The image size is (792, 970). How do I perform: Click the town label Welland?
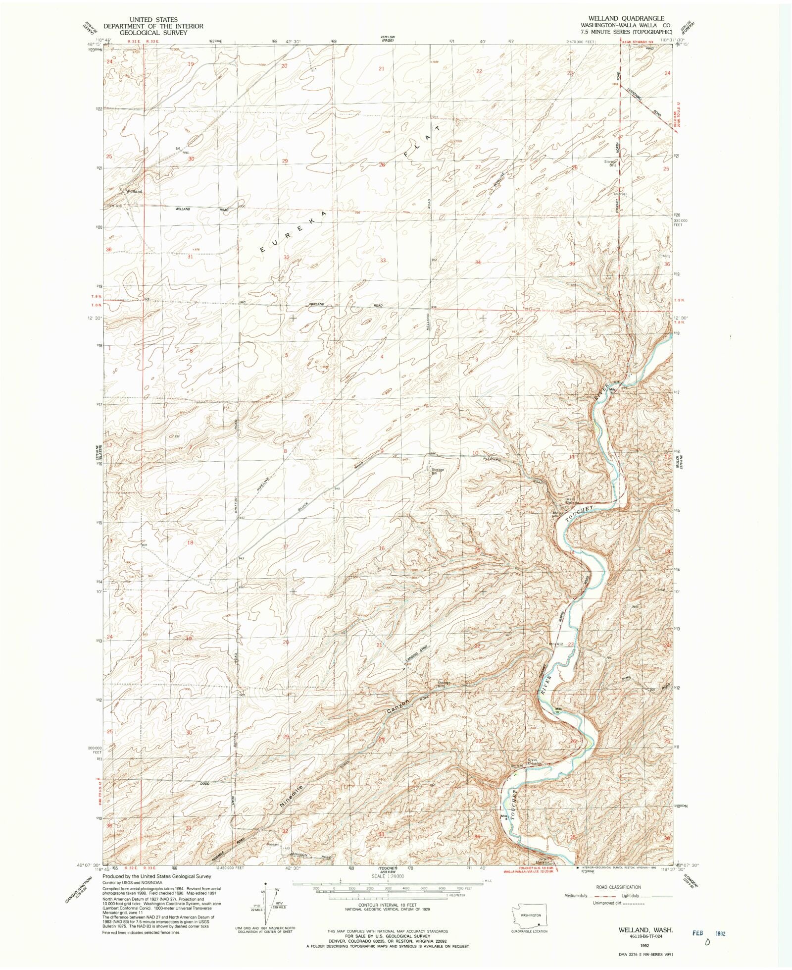(134, 191)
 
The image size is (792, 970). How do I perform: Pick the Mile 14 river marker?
(613, 391)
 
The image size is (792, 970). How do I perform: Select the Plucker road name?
(493, 459)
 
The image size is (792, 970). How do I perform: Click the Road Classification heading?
(619, 887)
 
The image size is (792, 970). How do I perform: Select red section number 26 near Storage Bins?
(574, 167)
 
